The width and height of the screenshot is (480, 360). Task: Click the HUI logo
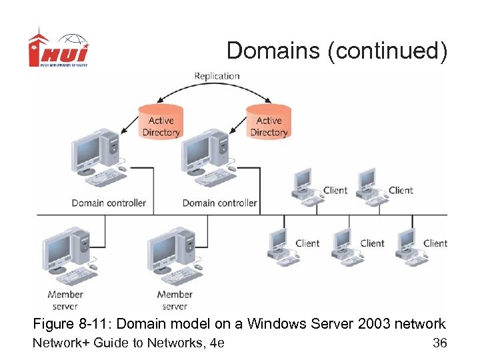point(58,48)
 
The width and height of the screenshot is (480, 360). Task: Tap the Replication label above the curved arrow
point(217,76)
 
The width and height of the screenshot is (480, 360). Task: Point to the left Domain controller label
point(109,203)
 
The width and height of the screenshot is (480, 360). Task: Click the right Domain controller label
point(219,203)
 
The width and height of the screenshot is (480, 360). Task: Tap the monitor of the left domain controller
point(87,151)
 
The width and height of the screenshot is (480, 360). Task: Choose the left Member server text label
point(65,300)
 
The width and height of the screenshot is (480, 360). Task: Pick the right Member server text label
point(175,300)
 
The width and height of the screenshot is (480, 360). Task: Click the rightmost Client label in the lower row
point(435,243)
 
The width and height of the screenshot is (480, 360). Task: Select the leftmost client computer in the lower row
point(280,247)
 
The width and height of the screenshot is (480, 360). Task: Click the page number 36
point(439,343)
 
